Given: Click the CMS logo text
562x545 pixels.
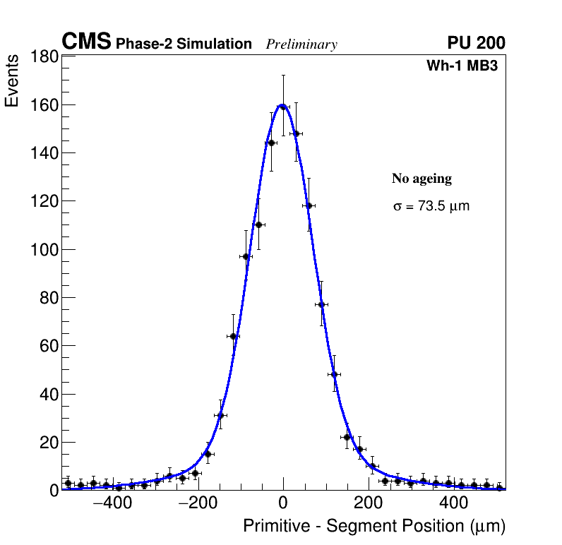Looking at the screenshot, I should coord(86,42).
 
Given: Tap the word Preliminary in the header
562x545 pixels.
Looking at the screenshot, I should coord(301,44).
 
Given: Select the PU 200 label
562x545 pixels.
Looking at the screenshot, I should coord(476,43).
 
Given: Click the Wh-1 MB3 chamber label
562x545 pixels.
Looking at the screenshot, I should coord(466,66).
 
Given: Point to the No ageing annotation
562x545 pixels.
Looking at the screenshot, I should coord(421,179).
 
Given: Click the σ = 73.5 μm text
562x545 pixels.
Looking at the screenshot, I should coord(431,207).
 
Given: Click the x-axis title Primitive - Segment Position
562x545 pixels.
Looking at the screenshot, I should coord(374,527).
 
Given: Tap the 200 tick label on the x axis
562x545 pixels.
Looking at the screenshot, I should coord(369,505).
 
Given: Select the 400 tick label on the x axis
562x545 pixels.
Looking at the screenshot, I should coord(454,505).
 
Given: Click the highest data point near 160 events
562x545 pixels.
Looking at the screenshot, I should coord(283,107).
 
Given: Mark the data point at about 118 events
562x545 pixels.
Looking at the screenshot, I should coord(309,206).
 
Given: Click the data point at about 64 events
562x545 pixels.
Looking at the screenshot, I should coord(233,336).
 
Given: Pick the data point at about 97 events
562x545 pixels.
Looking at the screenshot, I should coord(246,256).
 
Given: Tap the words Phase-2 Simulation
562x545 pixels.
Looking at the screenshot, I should coord(184,44).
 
